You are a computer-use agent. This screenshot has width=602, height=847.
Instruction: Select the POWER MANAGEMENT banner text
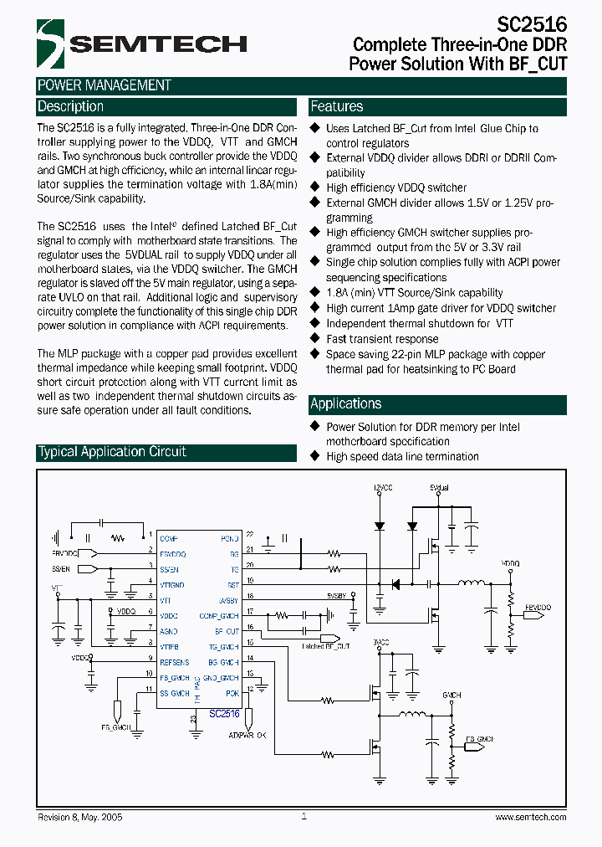105,85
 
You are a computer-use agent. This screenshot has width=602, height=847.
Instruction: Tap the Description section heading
71,107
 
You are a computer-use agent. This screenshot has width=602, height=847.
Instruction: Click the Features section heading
337,107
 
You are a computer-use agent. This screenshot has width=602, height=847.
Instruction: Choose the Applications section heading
345,404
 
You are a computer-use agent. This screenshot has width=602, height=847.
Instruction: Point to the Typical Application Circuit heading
112,452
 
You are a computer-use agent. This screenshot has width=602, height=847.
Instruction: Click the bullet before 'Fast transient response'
315,339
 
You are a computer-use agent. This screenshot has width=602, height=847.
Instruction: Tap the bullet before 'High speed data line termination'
315,456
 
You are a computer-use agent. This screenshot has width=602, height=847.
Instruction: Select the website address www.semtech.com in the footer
531,817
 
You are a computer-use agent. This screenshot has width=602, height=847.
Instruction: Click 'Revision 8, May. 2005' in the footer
80,817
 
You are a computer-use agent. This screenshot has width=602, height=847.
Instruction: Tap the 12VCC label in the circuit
382,487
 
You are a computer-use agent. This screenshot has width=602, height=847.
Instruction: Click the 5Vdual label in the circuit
439,487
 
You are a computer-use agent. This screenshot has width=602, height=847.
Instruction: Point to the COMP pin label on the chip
168,538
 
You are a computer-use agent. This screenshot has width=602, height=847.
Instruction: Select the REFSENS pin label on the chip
174,662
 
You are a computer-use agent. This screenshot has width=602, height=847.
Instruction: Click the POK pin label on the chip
232,693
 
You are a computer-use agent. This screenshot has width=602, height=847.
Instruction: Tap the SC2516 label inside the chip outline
224,714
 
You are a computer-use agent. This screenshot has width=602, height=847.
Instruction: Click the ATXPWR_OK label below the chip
247,735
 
